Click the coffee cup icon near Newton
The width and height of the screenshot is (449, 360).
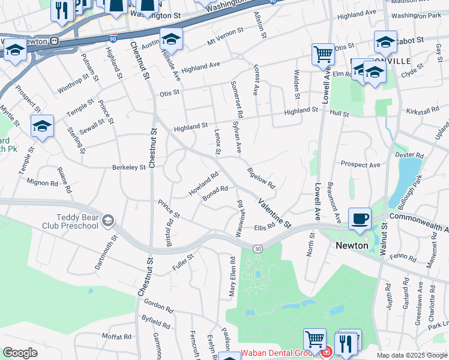(360, 219)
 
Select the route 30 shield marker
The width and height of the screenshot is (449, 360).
(257, 249)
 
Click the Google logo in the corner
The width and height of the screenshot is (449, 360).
(20, 353)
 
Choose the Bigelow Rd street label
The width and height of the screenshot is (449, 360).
(261, 178)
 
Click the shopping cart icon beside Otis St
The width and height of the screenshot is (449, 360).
(323, 55)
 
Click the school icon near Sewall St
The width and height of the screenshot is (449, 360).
(43, 127)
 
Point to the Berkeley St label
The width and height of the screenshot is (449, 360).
(129, 167)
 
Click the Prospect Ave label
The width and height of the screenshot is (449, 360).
(360, 164)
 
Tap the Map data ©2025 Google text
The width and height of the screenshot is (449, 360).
(411, 355)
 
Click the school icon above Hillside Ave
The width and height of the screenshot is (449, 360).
(172, 40)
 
